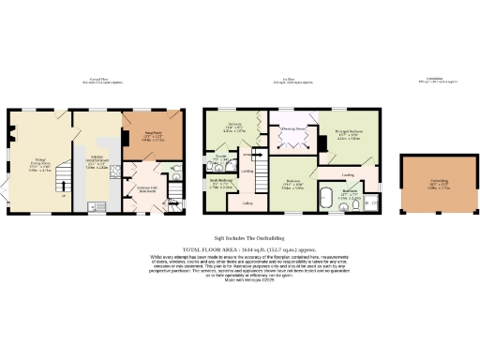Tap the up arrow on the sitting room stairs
[x=62, y=195]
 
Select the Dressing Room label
[x=292, y=129]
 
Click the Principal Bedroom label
[x=349, y=136]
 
